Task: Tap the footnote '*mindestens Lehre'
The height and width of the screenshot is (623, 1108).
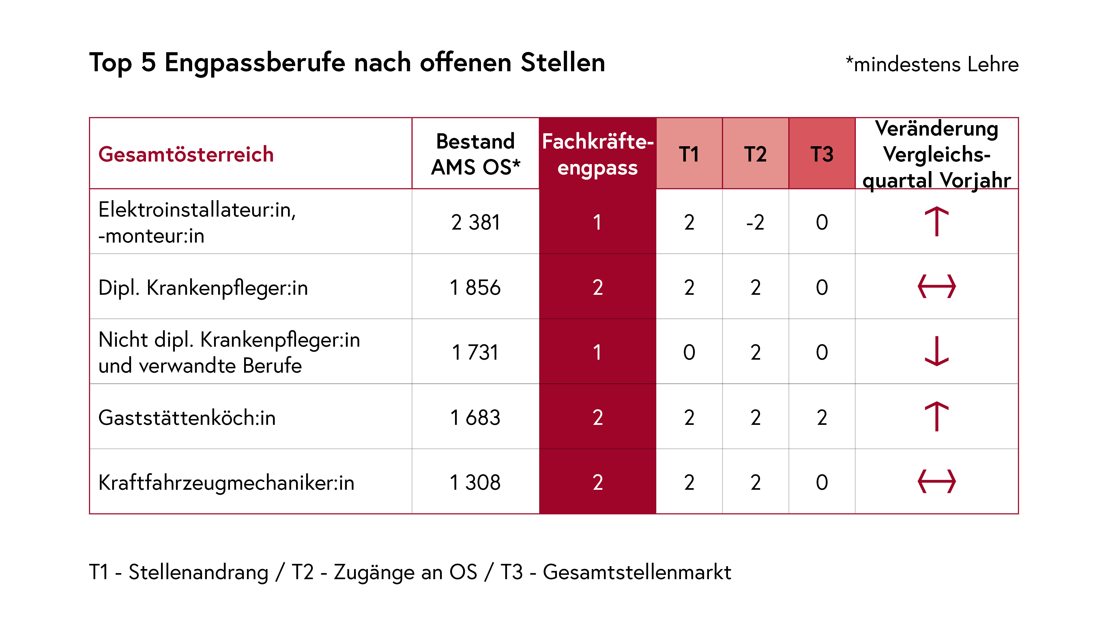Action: click(932, 65)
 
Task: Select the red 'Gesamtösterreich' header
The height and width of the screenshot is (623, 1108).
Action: click(186, 154)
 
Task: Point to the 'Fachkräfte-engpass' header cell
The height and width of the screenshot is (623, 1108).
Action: click(598, 154)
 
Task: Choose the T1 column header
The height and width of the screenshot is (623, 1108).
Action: click(689, 154)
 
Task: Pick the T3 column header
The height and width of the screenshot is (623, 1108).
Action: click(821, 154)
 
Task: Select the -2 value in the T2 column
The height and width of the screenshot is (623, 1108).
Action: click(755, 222)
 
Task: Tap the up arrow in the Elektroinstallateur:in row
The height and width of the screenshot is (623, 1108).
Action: click(936, 222)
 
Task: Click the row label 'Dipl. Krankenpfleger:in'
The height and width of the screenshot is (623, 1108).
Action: click(203, 287)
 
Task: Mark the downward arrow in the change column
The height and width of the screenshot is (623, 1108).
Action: click(936, 351)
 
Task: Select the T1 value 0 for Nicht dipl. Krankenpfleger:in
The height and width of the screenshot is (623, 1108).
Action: click(689, 352)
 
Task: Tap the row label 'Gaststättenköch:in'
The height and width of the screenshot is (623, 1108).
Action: click(187, 417)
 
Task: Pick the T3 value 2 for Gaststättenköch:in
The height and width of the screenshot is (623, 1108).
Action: click(821, 417)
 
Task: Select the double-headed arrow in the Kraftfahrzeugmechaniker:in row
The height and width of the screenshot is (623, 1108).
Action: click(936, 482)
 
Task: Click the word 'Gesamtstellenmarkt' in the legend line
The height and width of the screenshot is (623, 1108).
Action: click(637, 572)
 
